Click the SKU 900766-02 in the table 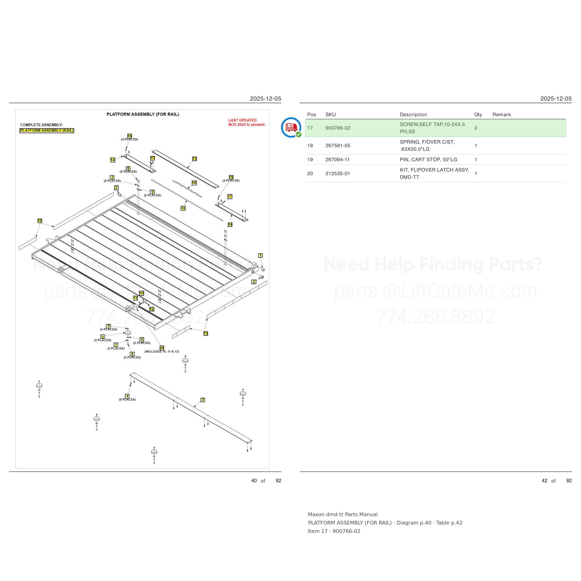point(338,128)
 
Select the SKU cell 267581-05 point(338,145)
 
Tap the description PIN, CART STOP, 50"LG point(428,160)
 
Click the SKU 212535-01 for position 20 point(338,174)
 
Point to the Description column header point(413,115)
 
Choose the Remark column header point(502,115)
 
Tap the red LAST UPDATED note point(246,122)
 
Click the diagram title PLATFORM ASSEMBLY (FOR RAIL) point(143,114)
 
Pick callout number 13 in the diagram point(195,159)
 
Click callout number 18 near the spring point(194,183)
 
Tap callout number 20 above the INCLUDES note point(162,348)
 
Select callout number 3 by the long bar point(203,400)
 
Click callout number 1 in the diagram point(261,256)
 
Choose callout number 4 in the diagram point(128,396)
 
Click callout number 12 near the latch point(152,309)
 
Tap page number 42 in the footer point(544,481)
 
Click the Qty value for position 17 point(476,128)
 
